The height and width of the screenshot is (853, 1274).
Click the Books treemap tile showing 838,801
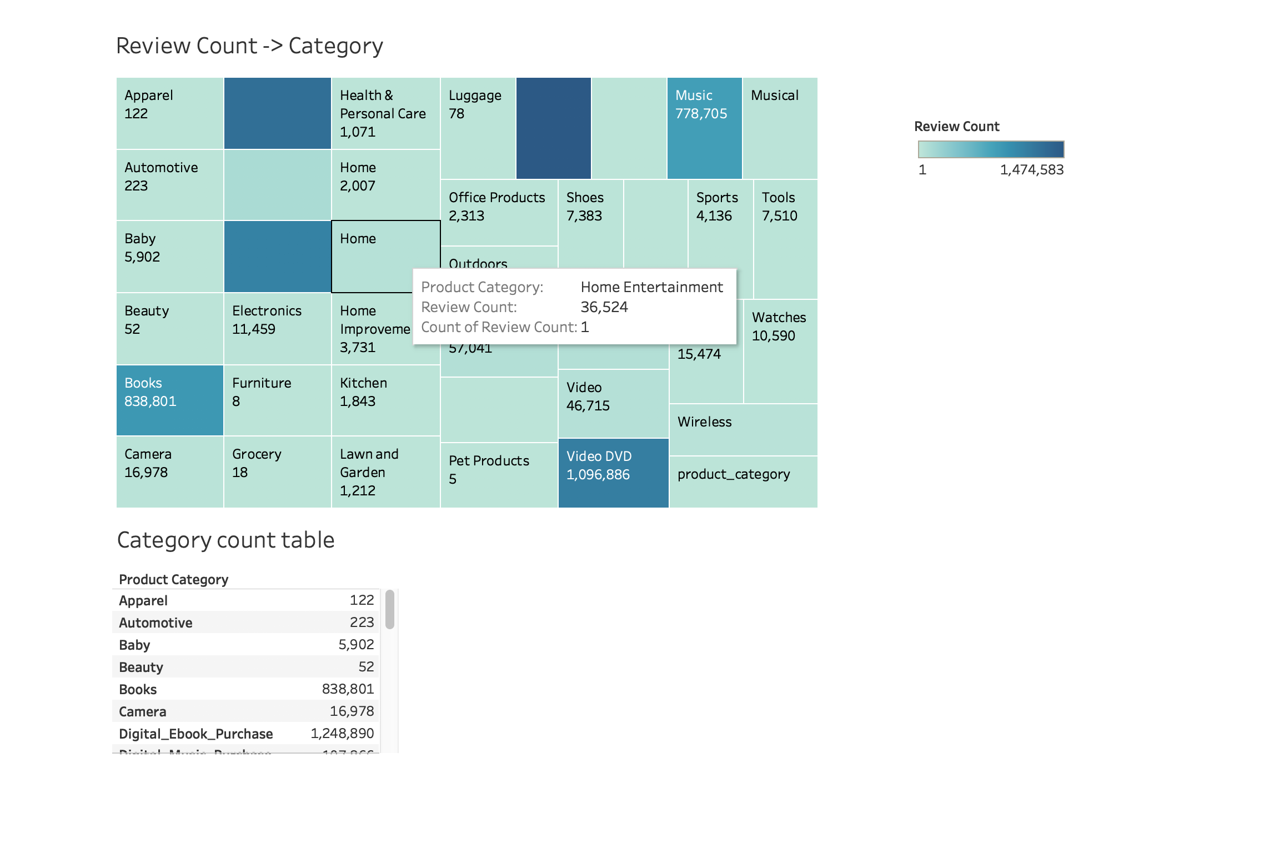tap(169, 400)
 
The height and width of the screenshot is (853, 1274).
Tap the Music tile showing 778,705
tap(704, 128)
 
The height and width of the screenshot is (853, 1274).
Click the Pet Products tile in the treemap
tap(499, 475)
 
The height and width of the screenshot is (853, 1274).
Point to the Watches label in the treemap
tap(779, 318)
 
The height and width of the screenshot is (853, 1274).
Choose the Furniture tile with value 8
tap(277, 400)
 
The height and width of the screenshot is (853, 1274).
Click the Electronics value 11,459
tap(254, 329)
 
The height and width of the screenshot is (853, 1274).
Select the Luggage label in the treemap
tap(475, 96)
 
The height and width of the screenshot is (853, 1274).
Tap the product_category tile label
tap(733, 474)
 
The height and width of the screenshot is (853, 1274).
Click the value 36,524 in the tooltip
tap(604, 307)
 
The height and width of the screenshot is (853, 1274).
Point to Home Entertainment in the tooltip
tap(651, 287)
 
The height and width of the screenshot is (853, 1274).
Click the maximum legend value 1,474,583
tap(1031, 170)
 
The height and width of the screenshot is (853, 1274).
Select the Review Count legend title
tap(956, 127)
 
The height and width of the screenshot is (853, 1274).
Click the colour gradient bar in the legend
tap(991, 149)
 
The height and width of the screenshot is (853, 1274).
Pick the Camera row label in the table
tap(143, 711)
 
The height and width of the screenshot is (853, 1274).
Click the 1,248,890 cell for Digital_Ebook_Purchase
tap(342, 734)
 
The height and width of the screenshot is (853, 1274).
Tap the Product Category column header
tap(173, 580)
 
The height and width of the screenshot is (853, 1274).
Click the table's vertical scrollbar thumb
tap(390, 609)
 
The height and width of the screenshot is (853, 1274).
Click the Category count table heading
tap(225, 540)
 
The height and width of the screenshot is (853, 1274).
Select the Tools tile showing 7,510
tap(785, 239)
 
